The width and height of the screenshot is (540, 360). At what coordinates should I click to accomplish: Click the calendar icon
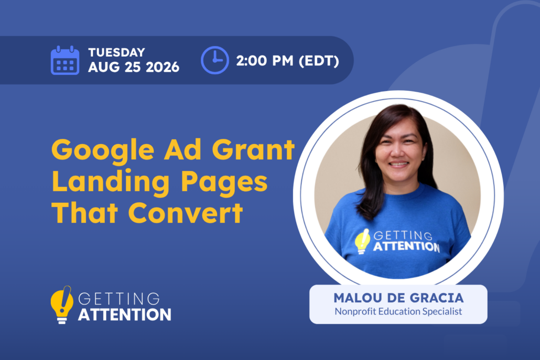64,60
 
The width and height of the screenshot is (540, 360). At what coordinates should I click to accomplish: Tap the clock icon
215,60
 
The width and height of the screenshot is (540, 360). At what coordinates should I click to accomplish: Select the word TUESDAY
117,52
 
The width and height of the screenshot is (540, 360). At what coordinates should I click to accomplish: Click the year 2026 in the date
163,67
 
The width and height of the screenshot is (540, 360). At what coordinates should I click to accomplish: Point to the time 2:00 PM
265,61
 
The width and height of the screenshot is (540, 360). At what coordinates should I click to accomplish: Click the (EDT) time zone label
319,61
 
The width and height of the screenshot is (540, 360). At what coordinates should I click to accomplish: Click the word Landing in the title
111,182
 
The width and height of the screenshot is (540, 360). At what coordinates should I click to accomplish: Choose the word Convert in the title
186,213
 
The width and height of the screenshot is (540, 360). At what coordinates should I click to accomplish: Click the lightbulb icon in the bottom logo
62,305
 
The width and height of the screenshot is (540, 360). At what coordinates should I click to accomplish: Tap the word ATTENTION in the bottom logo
125,314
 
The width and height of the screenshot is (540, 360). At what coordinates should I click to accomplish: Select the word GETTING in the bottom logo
119,299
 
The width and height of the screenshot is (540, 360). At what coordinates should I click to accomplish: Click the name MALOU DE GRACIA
398,298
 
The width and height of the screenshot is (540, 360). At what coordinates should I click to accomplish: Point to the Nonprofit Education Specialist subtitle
398,311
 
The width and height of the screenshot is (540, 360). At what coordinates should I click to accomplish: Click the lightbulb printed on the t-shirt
362,241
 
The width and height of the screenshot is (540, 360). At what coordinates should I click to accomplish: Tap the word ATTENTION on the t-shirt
406,246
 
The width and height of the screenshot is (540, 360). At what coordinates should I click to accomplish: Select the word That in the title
85,213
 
